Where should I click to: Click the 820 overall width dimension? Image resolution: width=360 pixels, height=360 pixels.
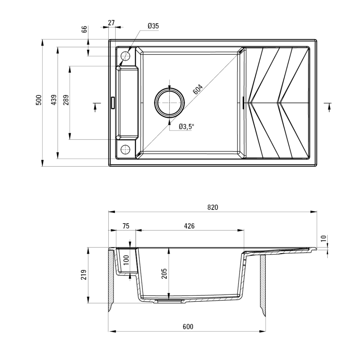point(212,207)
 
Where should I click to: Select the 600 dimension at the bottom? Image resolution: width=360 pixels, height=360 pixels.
point(188,327)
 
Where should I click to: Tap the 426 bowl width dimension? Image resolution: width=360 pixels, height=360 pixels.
point(189,226)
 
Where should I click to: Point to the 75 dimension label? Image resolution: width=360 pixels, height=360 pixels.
point(126,226)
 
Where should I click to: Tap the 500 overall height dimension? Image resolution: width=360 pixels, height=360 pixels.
point(39,100)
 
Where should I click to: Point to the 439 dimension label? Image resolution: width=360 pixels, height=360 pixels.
point(53,100)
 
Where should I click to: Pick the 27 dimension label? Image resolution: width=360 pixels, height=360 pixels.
point(111,23)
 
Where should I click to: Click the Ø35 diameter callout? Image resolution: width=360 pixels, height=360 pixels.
point(153,26)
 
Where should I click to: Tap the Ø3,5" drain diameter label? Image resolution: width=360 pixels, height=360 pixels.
point(186,127)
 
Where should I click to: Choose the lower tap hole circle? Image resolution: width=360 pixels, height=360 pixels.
point(125,149)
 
